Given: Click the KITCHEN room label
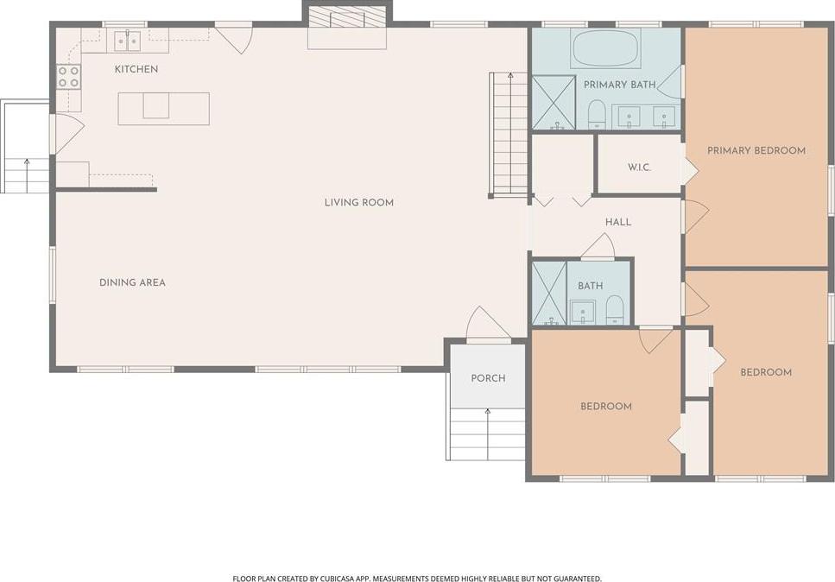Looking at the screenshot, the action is click(x=136, y=69).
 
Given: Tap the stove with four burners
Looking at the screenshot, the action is click(x=69, y=77).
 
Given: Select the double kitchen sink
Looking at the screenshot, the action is click(x=128, y=41).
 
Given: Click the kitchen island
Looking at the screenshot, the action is click(x=163, y=109).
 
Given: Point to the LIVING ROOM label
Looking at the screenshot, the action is click(x=359, y=202).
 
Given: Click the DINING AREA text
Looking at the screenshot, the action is click(x=133, y=282).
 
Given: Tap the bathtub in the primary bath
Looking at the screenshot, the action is click(x=605, y=47).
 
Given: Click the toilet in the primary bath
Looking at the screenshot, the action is click(x=597, y=114).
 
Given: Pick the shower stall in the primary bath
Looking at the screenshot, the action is click(x=554, y=103).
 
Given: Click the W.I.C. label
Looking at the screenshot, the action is click(x=639, y=168).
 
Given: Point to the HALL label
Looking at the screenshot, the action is click(x=618, y=222).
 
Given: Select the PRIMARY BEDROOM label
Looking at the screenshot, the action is click(x=756, y=151).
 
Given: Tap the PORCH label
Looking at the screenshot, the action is click(x=489, y=378).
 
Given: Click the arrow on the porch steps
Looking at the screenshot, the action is click(x=488, y=434).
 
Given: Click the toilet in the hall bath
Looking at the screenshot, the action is click(x=615, y=310).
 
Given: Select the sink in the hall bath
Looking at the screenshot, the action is click(x=583, y=313).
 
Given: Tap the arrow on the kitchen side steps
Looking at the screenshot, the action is click(x=27, y=175).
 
